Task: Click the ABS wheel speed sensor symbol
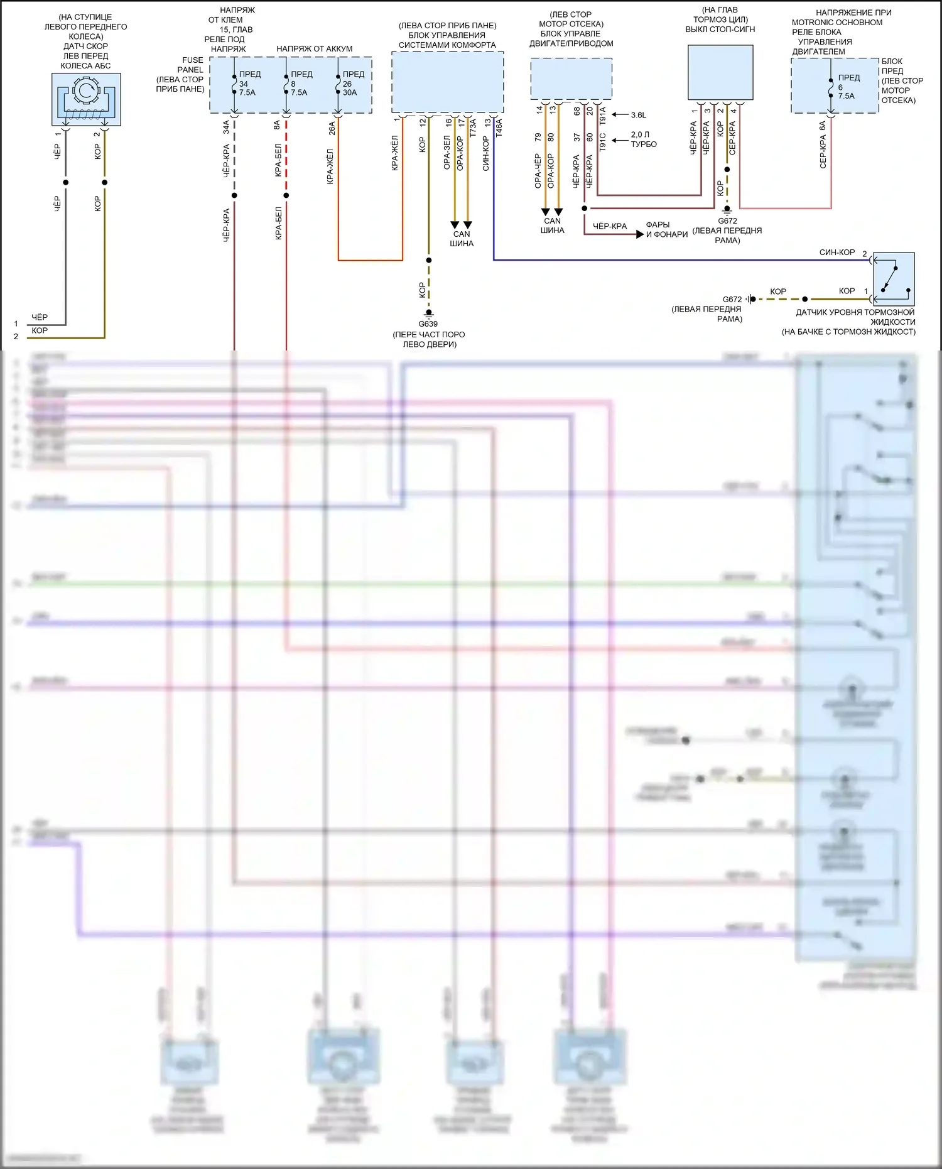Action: [86, 99]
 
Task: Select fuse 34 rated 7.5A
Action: [234, 84]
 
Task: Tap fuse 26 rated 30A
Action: [338, 84]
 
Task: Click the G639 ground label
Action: [428, 324]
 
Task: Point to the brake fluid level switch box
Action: [894, 280]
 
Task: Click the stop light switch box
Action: [720, 72]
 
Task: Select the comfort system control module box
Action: [447, 82]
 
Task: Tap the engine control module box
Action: [571, 79]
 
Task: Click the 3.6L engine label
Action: [638, 115]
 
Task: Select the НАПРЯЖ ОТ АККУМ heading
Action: [315, 49]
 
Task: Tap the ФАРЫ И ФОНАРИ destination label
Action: [666, 230]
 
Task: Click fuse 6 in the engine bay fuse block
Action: [831, 87]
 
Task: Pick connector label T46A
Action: [499, 128]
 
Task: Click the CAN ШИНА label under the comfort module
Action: [462, 239]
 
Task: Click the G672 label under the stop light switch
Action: [727, 221]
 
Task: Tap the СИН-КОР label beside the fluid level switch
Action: [836, 253]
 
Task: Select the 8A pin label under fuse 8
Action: [277, 126]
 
